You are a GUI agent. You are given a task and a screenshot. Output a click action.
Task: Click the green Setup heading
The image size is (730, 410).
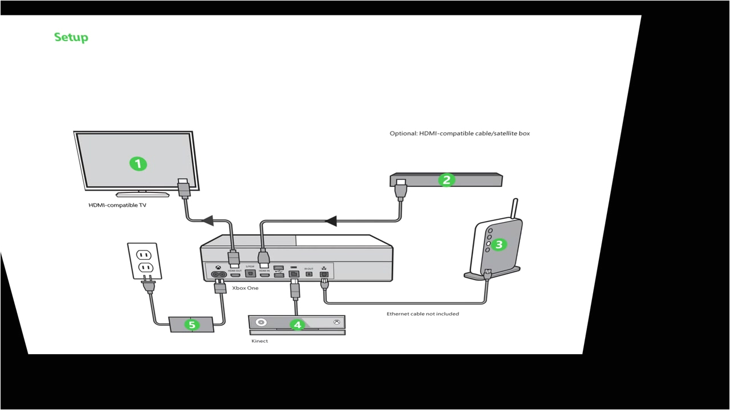71,38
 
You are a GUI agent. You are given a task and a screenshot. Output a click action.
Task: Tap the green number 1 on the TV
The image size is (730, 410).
138,164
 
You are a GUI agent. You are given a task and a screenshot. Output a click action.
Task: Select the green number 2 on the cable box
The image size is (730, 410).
447,180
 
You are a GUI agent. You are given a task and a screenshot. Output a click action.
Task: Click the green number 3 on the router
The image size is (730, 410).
498,244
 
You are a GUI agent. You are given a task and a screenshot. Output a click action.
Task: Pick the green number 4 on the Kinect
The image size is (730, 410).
297,325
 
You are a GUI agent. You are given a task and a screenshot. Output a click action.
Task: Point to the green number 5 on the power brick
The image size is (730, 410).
192,325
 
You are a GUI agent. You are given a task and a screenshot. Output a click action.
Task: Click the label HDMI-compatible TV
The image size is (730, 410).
117,205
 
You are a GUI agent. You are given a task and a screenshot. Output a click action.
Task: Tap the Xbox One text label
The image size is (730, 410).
245,288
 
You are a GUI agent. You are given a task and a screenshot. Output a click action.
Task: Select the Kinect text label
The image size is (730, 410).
259,341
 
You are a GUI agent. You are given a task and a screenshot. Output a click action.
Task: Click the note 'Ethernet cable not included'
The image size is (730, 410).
423,314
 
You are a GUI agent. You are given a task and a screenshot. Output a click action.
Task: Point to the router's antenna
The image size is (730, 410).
515,208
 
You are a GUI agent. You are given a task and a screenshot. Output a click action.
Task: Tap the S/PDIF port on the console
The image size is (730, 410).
249,274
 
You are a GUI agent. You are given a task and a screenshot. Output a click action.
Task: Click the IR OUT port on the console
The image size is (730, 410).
309,274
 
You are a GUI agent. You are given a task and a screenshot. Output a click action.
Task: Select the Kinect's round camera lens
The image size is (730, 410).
262,322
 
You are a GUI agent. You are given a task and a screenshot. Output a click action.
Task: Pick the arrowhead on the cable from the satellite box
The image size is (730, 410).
331,220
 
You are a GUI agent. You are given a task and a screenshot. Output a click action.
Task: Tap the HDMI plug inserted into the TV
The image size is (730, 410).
183,188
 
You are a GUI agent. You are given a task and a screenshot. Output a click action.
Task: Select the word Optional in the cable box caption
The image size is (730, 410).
403,134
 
